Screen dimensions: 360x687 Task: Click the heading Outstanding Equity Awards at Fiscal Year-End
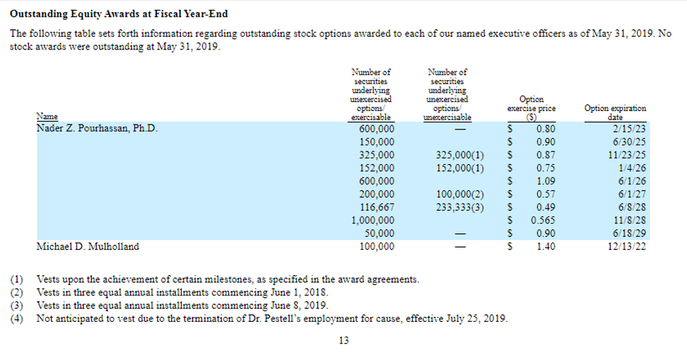pos(119,14)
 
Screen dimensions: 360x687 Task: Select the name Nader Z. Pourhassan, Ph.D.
pos(97,129)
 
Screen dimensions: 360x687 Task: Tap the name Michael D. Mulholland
pos(87,247)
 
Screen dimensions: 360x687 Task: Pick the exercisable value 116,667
pos(377,207)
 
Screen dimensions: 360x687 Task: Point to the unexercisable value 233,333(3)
pos(459,207)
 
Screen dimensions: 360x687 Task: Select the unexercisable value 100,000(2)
pos(459,194)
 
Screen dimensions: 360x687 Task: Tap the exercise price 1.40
pos(544,247)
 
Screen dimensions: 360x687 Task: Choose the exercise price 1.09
pos(544,181)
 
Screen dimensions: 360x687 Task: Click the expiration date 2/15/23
pos(630,129)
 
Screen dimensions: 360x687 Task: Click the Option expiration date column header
pos(615,112)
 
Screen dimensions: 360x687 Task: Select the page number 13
pos(343,340)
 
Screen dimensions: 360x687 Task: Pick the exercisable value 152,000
pos(377,168)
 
